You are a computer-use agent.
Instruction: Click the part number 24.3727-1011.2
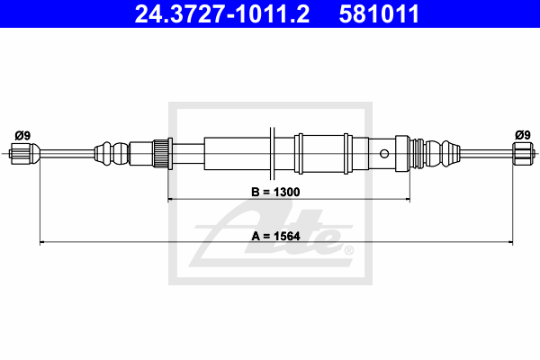(x=221, y=13)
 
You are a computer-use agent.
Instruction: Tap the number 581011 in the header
(x=379, y=13)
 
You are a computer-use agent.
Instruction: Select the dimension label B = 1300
(x=275, y=192)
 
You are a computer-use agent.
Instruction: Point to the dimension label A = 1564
(x=275, y=237)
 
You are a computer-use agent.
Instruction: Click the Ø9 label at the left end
(x=22, y=136)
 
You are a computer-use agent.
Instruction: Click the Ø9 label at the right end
(x=522, y=135)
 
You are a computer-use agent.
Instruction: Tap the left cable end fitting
(x=23, y=154)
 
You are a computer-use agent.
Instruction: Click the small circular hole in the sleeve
(x=384, y=154)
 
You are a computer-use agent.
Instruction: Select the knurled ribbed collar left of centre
(x=160, y=153)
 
